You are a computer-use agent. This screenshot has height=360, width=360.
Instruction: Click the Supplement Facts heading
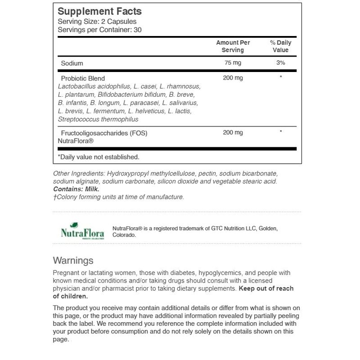[99, 12]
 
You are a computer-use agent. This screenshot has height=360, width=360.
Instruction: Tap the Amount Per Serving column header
[233, 46]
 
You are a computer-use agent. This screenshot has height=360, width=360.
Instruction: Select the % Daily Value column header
[280, 46]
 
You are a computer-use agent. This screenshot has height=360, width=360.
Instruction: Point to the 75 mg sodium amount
[233, 63]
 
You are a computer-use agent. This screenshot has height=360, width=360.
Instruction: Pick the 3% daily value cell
[280, 63]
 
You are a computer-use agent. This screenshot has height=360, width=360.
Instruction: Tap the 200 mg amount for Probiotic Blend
[233, 78]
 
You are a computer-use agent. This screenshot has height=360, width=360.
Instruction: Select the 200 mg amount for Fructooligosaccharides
[233, 133]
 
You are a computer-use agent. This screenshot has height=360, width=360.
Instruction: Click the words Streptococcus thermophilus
[98, 119]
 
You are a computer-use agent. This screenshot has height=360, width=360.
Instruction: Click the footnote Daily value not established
[99, 157]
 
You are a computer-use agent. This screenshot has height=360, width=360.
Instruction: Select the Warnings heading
[73, 261]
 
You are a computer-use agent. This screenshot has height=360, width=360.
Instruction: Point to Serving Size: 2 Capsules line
[97, 22]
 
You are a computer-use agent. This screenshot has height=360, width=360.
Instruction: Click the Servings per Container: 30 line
[103, 30]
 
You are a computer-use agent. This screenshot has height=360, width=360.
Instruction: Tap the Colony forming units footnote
[118, 197]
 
